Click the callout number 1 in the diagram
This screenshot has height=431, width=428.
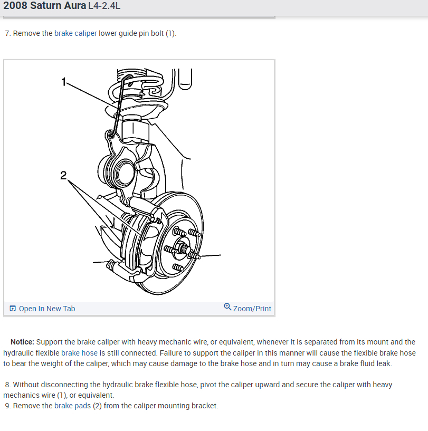coord(64,82)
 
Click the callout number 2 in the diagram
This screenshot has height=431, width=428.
coord(63,176)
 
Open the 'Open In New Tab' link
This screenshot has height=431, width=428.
coord(47,309)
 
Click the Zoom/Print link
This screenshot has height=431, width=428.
coord(252,309)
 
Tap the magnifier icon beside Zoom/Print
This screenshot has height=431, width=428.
coord(227,307)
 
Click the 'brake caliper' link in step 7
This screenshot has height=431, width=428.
coord(75,33)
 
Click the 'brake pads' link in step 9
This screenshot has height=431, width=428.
coord(71,406)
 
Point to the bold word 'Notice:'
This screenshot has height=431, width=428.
coord(22,342)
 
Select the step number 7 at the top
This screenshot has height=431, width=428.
coord(7,33)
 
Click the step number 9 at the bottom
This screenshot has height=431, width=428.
coord(7,406)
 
